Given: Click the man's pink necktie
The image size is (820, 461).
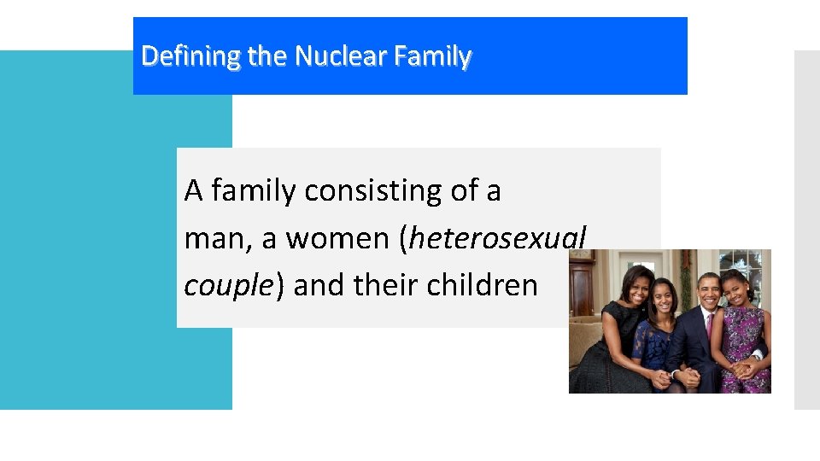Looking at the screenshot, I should [708, 328].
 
